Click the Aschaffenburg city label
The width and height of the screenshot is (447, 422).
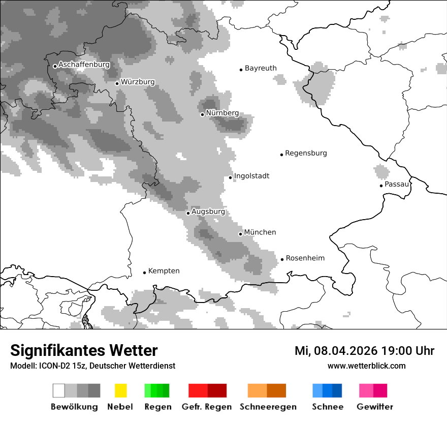click(x=84, y=65)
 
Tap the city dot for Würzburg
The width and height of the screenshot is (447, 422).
click(x=117, y=83)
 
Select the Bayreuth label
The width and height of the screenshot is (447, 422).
click(x=261, y=68)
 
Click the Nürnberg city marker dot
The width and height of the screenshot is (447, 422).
click(x=202, y=114)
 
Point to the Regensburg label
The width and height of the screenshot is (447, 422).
click(x=306, y=153)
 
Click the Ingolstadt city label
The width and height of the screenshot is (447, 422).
click(x=251, y=176)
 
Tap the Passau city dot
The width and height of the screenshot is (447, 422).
click(x=381, y=186)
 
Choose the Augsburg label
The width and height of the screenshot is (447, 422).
click(x=208, y=212)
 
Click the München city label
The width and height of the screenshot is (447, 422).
click(x=260, y=232)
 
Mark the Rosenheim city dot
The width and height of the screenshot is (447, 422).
click(x=282, y=259)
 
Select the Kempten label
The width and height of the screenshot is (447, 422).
click(x=164, y=271)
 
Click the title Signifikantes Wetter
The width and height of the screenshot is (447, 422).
click(x=84, y=351)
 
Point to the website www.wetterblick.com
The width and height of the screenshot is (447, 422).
click(x=366, y=366)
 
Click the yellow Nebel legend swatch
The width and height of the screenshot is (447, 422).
click(x=120, y=390)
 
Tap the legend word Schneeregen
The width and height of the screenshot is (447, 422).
click(x=268, y=407)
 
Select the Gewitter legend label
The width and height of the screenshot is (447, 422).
click(x=374, y=407)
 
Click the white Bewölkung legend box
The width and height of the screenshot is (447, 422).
click(x=59, y=390)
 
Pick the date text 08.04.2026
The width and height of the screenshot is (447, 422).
click(x=344, y=351)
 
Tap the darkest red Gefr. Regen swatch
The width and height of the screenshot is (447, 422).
click(x=217, y=390)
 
